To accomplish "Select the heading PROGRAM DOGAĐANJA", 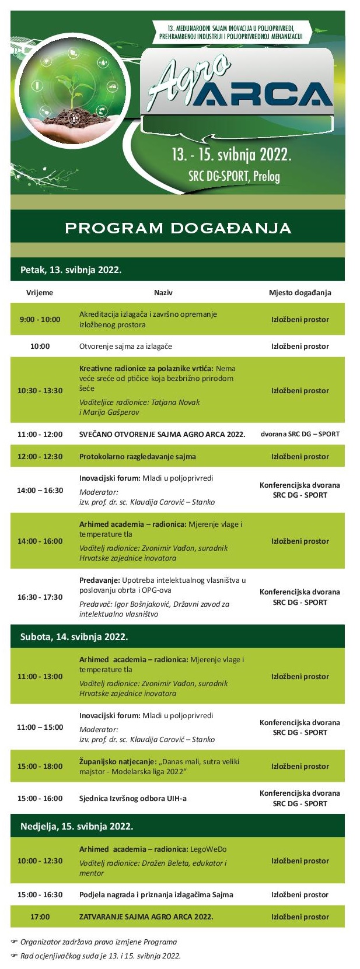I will (x=177, y=228).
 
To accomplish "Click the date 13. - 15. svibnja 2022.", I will (x=231, y=155).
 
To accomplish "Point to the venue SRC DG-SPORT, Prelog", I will (x=234, y=176).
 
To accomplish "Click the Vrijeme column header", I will (x=40, y=292).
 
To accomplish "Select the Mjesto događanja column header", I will (x=300, y=292).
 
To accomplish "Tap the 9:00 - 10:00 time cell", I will (x=40, y=319).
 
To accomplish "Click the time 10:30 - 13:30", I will (x=40, y=390).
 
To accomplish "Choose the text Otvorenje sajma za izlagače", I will (x=125, y=346).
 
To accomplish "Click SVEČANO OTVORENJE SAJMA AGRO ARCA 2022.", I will (x=162, y=434).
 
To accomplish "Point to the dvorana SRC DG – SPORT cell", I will (x=300, y=434).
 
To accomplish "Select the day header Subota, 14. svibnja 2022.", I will (x=74, y=636).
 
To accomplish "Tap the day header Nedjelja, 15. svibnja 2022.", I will (x=76, y=826).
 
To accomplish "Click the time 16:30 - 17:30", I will (x=40, y=597).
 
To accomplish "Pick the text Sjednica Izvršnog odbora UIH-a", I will (x=133, y=798).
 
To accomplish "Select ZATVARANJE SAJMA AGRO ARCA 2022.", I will (x=146, y=916).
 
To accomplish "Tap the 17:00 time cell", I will (x=40, y=916).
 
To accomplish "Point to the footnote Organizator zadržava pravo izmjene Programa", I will (x=98, y=942).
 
